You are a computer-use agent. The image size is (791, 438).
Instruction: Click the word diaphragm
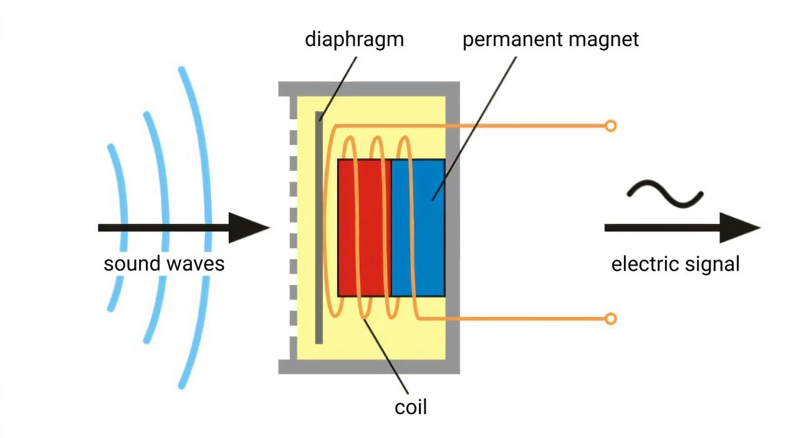click(354, 39)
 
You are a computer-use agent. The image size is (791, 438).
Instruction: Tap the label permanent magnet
click(550, 39)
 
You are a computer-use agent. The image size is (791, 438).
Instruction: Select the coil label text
click(411, 407)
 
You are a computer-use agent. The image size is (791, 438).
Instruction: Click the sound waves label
click(164, 263)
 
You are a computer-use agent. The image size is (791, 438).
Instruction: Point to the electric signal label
click(675, 264)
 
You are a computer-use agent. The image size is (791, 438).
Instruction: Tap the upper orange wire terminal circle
click(611, 126)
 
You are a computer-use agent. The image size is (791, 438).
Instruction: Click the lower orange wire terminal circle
click(611, 319)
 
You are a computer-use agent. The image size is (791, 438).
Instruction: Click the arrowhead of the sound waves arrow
click(249, 228)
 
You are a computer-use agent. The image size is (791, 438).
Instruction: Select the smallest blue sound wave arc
click(118, 187)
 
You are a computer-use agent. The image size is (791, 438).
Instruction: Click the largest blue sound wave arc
click(203, 156)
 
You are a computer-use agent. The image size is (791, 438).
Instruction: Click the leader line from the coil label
click(386, 356)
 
